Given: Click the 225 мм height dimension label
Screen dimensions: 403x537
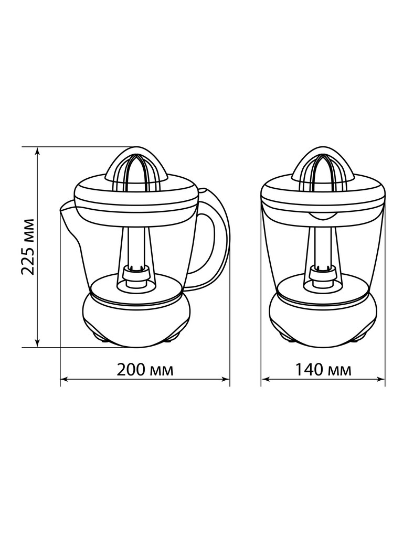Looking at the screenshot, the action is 27,246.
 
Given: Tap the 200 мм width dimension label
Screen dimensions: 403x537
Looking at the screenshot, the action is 145,370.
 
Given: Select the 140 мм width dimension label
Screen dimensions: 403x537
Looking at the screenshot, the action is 323,370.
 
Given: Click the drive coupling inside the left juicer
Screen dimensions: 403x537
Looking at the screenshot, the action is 136,276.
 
